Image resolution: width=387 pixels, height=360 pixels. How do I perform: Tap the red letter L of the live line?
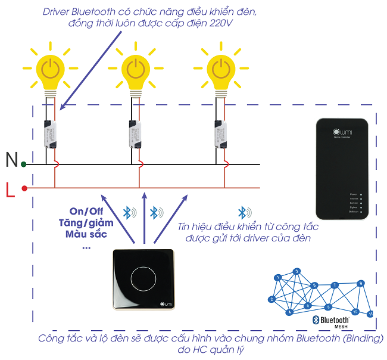pos(10,191)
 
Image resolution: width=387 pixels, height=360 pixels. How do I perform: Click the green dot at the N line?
pos(23,164)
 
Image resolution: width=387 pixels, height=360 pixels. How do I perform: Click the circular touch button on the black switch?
pos(143,279)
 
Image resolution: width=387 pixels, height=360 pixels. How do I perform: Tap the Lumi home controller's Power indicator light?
pos(361,194)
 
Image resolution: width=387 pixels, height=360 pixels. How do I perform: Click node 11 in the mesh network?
pos(370,312)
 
